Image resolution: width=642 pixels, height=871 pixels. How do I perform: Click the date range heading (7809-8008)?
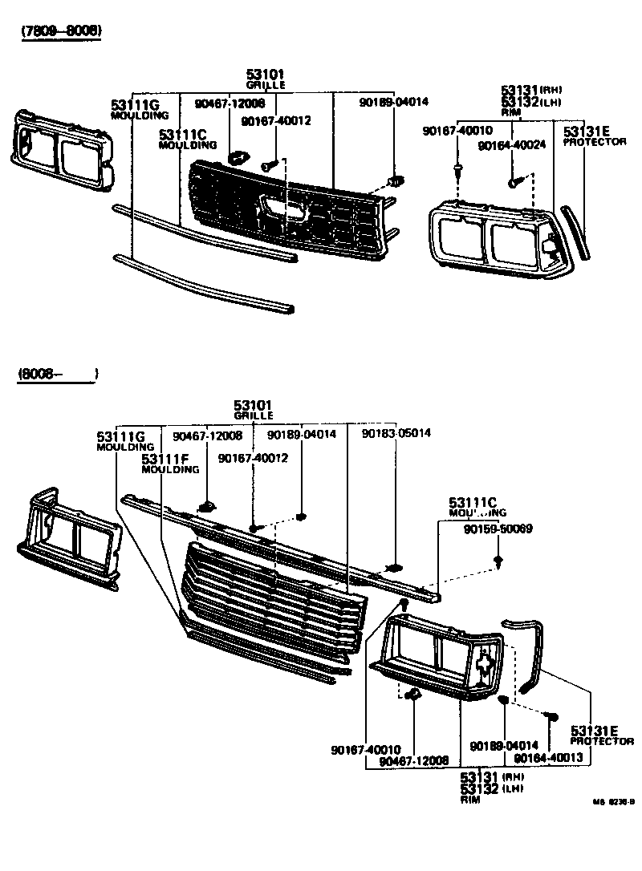pyautogui.click(x=62, y=30)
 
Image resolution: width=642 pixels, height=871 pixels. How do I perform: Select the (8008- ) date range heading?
pyautogui.click(x=57, y=375)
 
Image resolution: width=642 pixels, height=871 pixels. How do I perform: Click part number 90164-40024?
pyautogui.click(x=511, y=146)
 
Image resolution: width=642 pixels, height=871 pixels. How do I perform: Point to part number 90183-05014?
pyautogui.click(x=396, y=433)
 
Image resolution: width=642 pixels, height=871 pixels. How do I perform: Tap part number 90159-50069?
pyautogui.click(x=498, y=529)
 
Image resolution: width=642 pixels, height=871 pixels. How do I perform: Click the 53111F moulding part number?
pyautogui.click(x=165, y=459)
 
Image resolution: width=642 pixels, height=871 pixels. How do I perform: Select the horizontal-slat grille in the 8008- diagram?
pyautogui.click(x=273, y=593)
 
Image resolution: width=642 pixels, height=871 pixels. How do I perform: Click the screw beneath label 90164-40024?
pyautogui.click(x=514, y=183)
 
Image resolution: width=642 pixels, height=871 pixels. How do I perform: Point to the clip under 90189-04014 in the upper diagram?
pyautogui.click(x=393, y=181)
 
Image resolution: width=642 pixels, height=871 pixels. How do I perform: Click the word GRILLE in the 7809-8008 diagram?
pyautogui.click(x=266, y=84)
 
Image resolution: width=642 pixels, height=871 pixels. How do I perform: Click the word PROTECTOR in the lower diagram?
pyautogui.click(x=603, y=742)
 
